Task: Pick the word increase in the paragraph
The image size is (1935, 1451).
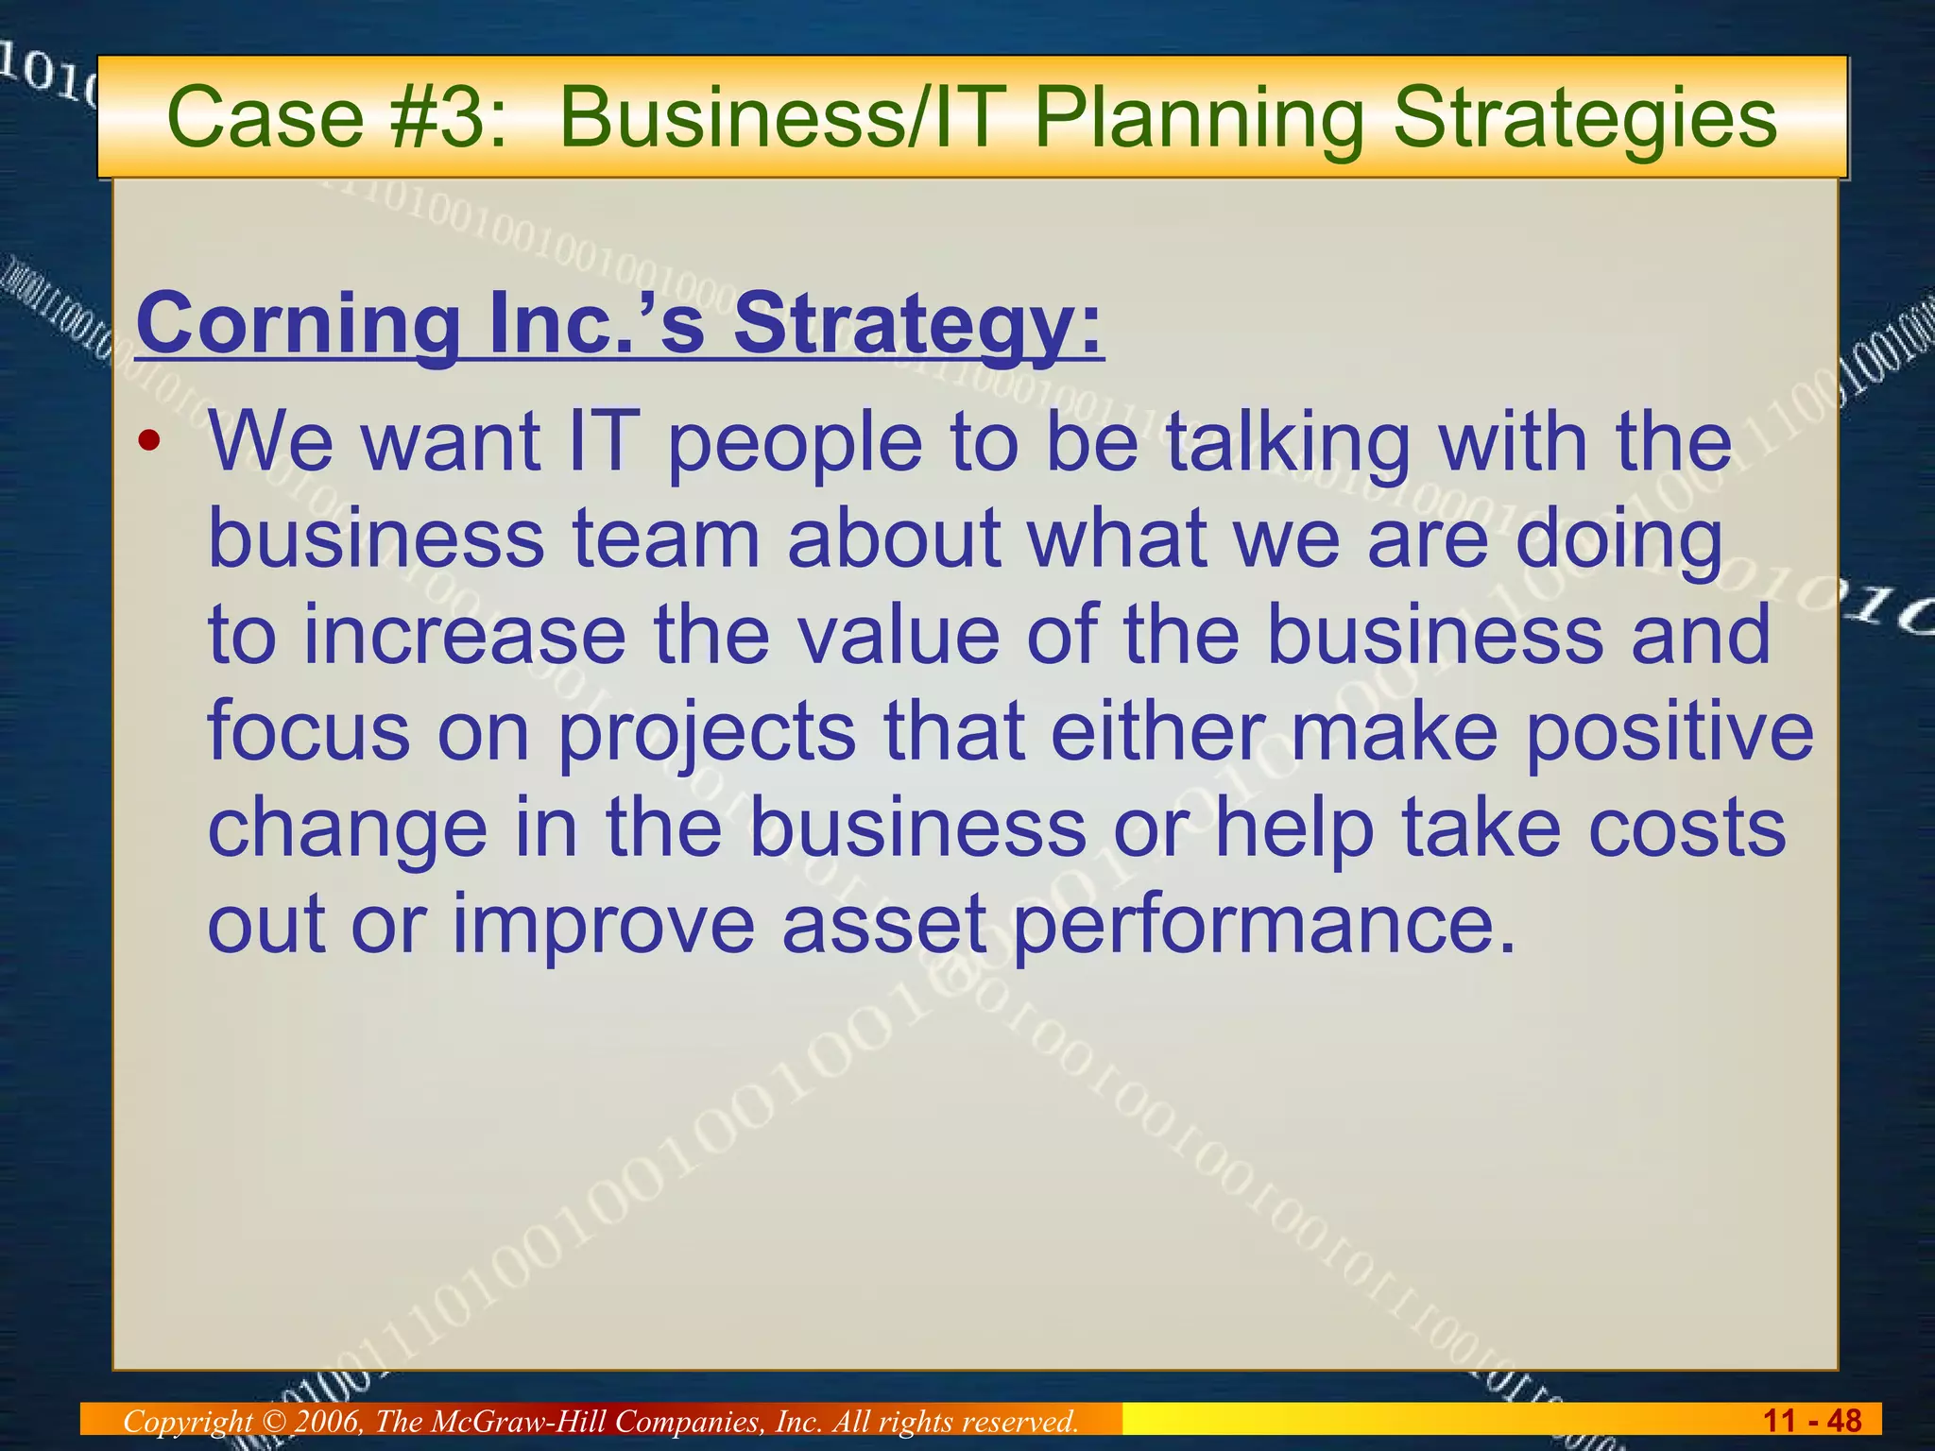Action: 463,635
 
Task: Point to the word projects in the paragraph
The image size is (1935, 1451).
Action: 707,733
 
